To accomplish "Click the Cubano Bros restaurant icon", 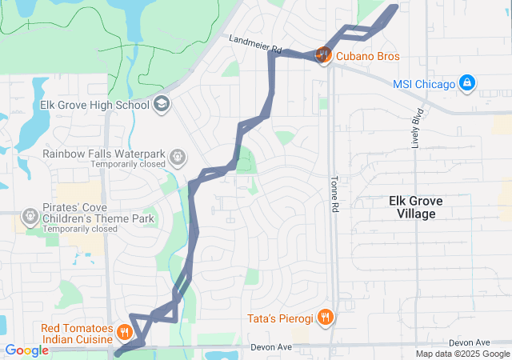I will click(x=323, y=55).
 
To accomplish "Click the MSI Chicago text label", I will click(x=424, y=84).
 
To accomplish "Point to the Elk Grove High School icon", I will click(x=162, y=104).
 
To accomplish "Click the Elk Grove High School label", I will click(x=94, y=105).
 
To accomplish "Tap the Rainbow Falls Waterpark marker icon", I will click(x=177, y=154).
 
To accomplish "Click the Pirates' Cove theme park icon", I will click(x=30, y=215).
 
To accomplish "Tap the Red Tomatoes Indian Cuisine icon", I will click(x=125, y=331).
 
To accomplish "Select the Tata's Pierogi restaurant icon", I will click(x=324, y=318).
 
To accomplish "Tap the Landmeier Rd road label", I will click(x=255, y=43).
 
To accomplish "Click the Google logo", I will click(x=26, y=350).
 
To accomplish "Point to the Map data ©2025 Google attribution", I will click(x=462, y=354).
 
